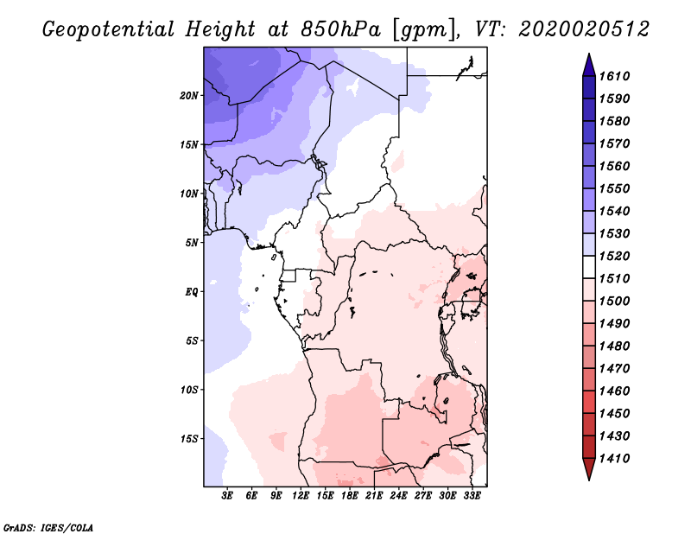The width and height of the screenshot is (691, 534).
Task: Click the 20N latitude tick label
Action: pyautogui.click(x=189, y=95)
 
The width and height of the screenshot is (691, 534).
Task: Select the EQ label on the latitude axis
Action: pyautogui.click(x=192, y=292)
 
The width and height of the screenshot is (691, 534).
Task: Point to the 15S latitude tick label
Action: pyautogui.click(x=189, y=439)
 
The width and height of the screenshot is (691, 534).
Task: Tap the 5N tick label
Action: pyautogui.click(x=192, y=243)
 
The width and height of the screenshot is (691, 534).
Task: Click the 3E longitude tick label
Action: pyautogui.click(x=228, y=497)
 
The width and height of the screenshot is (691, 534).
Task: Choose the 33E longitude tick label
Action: pyautogui.click(x=472, y=497)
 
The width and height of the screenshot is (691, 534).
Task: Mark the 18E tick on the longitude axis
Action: pyautogui.click(x=350, y=497)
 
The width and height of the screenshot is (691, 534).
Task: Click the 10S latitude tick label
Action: pyautogui.click(x=189, y=390)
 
